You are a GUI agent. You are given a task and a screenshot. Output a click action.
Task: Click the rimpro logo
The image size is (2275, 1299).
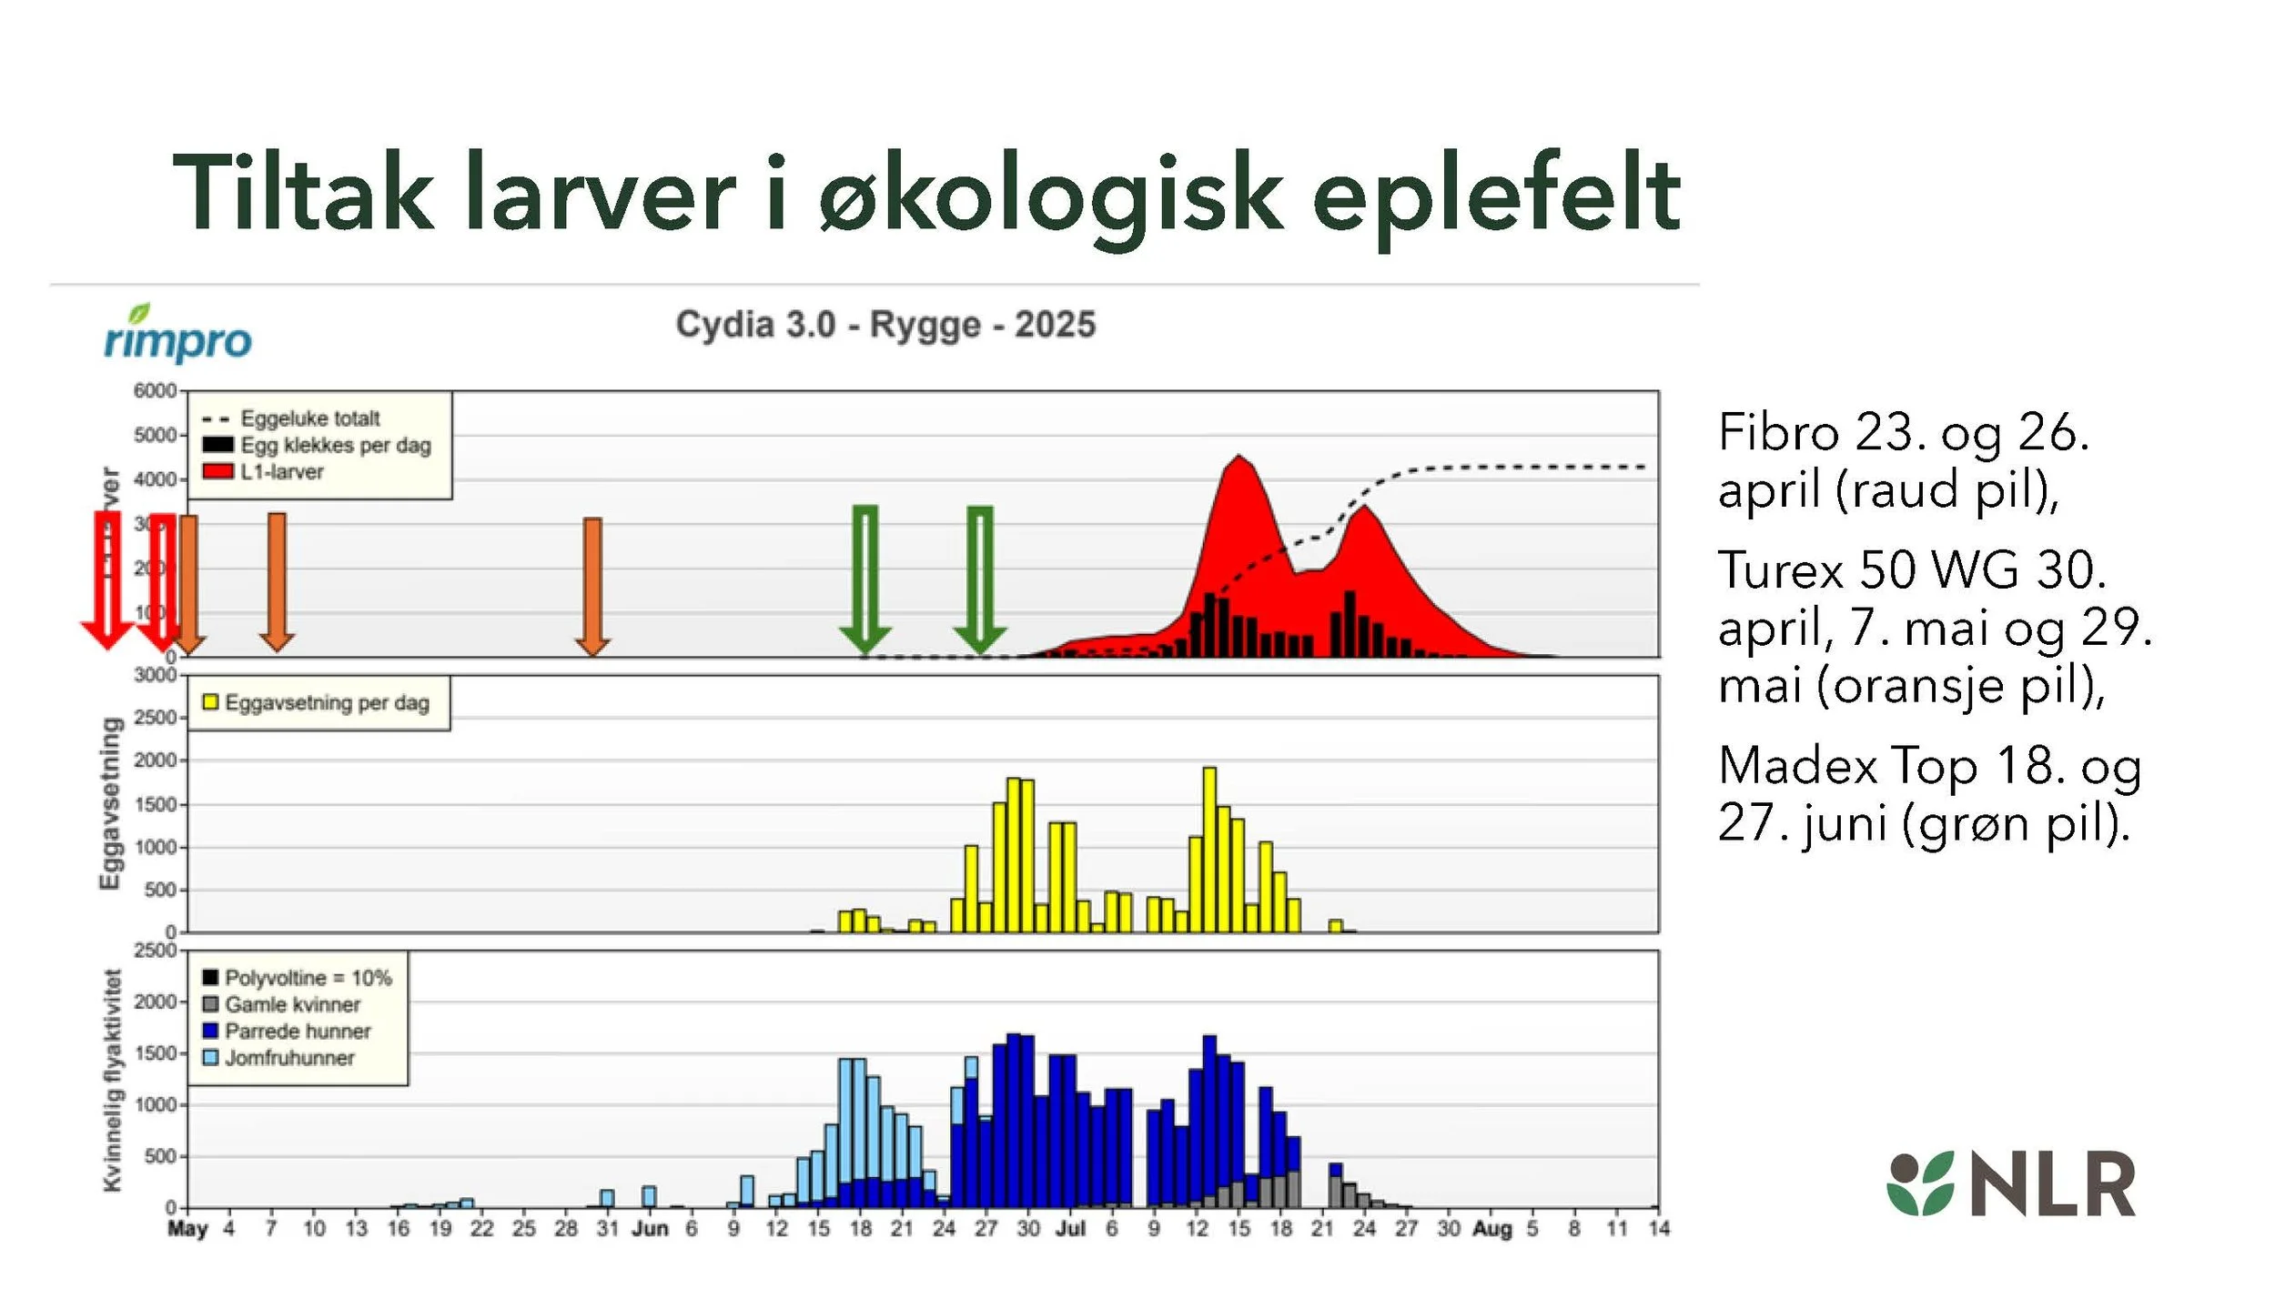coord(178,335)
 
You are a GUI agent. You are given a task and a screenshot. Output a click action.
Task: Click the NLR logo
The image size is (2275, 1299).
coord(2011,1183)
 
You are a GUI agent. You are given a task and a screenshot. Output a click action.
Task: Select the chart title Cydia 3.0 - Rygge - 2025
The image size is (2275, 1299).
coord(885,325)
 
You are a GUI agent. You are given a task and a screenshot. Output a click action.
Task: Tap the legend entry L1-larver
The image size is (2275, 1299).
coord(281,472)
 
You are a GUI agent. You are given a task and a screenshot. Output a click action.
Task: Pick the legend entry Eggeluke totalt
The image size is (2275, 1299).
coord(309,418)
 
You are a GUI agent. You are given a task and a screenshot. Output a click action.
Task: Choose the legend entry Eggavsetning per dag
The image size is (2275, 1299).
coord(326,702)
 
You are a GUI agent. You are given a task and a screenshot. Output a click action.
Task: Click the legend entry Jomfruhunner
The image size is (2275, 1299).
coord(288,1058)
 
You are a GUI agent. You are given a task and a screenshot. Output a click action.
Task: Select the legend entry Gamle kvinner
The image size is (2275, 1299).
coord(292,1004)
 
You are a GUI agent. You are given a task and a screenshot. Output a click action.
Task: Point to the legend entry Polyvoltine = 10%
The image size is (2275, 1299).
coord(308,978)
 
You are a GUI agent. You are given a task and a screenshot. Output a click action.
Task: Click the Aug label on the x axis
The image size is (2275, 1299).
coord(1491,1229)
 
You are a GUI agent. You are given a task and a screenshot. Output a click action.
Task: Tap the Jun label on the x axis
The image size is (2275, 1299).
coord(650,1229)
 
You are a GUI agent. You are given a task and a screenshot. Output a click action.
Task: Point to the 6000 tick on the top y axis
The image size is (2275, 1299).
coord(155,391)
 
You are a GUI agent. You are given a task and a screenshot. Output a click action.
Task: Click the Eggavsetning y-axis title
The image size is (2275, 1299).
coord(110,804)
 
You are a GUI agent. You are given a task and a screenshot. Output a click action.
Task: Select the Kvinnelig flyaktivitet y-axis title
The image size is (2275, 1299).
coord(112,1080)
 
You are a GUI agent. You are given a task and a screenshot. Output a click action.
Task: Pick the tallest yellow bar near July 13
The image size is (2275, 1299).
coord(1209,846)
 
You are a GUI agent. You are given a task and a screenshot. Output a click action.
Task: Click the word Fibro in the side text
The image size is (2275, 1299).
coord(1778,432)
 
